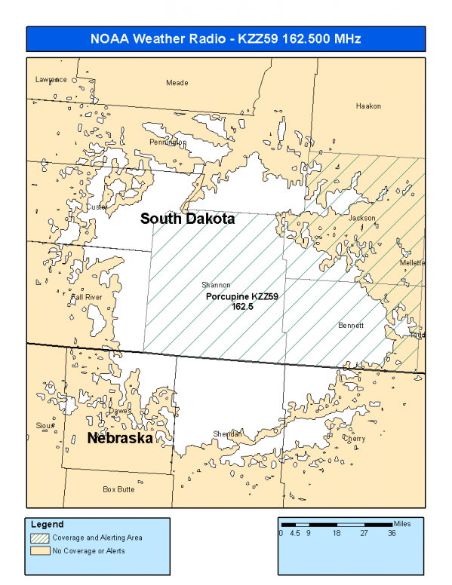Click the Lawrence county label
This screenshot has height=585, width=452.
point(51,79)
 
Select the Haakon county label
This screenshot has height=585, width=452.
point(367,106)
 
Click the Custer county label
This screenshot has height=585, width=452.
point(97,207)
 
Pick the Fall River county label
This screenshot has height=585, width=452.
point(85,297)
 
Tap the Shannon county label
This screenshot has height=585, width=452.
point(215,285)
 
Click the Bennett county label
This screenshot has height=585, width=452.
point(351,326)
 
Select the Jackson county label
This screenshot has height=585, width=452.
point(361,218)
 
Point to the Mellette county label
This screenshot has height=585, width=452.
point(413,262)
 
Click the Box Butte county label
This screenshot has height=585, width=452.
point(118,489)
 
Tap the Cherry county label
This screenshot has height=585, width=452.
point(354,438)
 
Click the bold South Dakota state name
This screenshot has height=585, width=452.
point(187,219)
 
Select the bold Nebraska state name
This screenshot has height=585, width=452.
point(120,438)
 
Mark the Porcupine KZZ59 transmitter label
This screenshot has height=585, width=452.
point(242,298)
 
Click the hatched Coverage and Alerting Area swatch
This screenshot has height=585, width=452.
point(40,538)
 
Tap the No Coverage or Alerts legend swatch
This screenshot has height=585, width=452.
point(40,550)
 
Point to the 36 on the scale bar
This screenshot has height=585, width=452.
point(391,533)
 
